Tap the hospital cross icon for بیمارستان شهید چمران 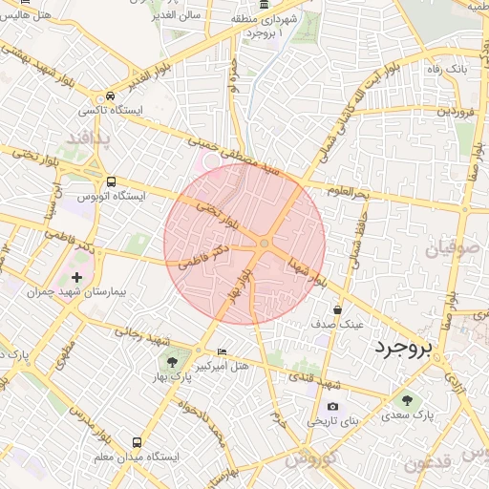coord(76,277)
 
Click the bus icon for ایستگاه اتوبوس coord(112,181)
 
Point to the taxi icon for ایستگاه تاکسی coord(112,96)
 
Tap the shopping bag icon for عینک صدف coord(337,309)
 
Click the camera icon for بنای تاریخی coord(332,406)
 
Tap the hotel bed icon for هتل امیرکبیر coord(223,351)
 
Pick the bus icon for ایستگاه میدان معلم coord(137,443)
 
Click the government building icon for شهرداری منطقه coord(264,6)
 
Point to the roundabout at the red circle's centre coord(264,245)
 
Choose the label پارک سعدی coord(411,415)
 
